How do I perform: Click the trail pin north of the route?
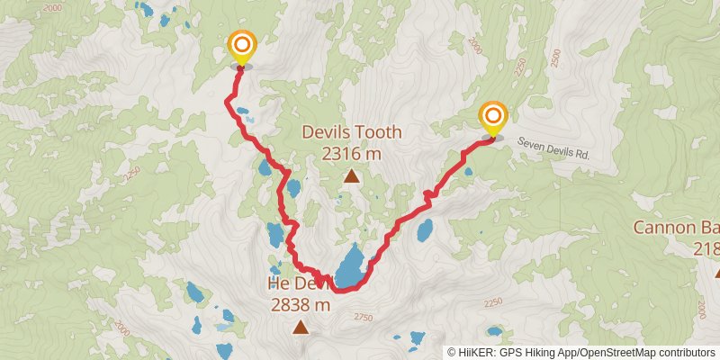click(241, 47)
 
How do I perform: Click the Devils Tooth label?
click(351, 132)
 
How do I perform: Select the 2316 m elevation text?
click(351, 154)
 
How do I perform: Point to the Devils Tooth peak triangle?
click(351, 176)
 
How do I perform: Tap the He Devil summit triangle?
click(300, 328)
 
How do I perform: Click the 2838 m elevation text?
click(301, 305)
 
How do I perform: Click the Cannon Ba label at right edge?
click(677, 227)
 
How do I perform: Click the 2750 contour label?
click(363, 317)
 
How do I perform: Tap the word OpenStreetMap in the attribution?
click(617, 352)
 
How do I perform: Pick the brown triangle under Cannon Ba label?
click(717, 272)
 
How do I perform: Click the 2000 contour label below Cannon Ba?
click(702, 309)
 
